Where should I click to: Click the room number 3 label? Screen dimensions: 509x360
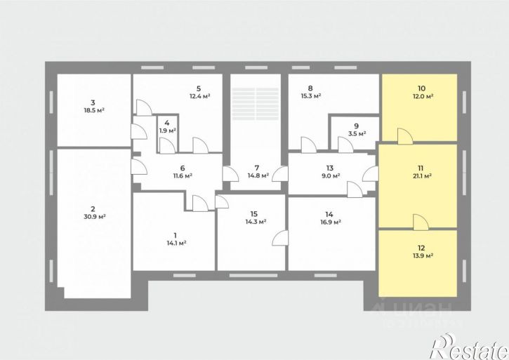pyautogui.click(x=93, y=103)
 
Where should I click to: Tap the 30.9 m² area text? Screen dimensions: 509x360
pyautogui.click(x=95, y=217)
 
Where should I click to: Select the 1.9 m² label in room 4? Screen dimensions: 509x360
pyautogui.click(x=168, y=131)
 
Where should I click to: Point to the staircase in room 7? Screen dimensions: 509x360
pyautogui.click(x=256, y=104)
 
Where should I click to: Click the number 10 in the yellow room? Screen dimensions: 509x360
pyautogui.click(x=421, y=88)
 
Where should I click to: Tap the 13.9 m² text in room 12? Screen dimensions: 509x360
pyautogui.click(x=423, y=255)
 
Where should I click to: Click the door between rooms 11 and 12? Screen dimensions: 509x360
pyautogui.click(x=421, y=222)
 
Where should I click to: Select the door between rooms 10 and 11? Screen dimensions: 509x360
pyautogui.click(x=405, y=136)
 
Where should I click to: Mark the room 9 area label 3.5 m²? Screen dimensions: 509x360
pyautogui.click(x=357, y=133)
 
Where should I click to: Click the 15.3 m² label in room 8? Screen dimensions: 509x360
pyautogui.click(x=310, y=96)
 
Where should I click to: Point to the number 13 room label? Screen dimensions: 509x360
pyautogui.click(x=330, y=168)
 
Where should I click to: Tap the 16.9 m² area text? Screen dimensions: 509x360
pyautogui.click(x=330, y=222)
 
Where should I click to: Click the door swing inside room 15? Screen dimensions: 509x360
pyautogui.click(x=280, y=238)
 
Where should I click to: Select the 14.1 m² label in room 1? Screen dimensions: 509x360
pyautogui.click(x=176, y=243)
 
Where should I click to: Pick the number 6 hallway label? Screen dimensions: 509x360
pyautogui.click(x=183, y=168)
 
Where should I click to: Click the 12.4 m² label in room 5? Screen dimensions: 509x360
pyautogui.click(x=199, y=96)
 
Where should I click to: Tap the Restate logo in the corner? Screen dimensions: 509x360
pyautogui.click(x=469, y=347)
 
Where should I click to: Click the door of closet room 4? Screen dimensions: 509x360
pyautogui.click(x=168, y=145)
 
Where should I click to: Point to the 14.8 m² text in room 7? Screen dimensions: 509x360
pyautogui.click(x=258, y=175)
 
